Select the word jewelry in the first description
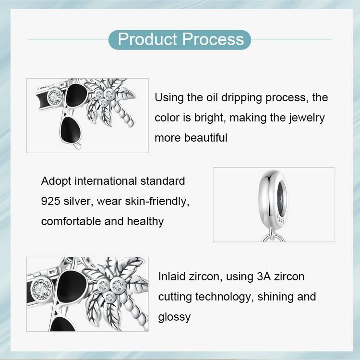[307, 118]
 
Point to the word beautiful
[204, 138]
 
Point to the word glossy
[174, 317]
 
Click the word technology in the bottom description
[224, 297]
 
